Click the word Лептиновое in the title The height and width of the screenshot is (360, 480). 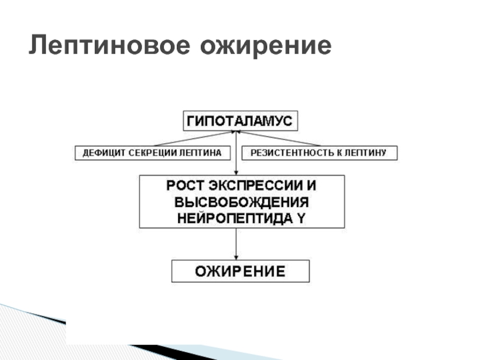click(x=107, y=46)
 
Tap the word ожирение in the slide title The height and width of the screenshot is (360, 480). click(x=265, y=46)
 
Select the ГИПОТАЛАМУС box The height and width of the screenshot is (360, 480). click(x=240, y=121)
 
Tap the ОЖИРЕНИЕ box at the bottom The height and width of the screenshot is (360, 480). click(x=241, y=271)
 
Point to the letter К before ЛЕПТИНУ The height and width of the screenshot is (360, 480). click(x=340, y=153)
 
